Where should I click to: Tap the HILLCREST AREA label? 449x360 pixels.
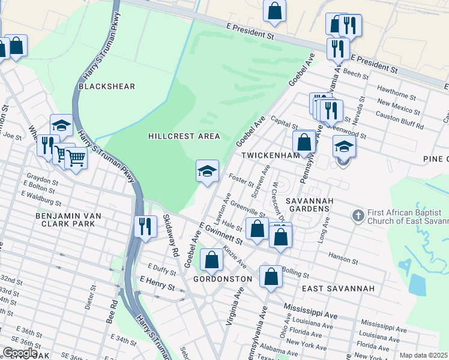(x=184, y=136)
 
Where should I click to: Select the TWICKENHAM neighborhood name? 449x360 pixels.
(x=270, y=155)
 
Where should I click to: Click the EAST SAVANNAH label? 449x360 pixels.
(x=338, y=289)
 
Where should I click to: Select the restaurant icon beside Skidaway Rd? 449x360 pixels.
(x=145, y=226)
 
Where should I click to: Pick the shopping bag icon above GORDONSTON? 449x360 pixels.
(x=212, y=259)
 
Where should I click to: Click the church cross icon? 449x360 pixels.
(x=358, y=215)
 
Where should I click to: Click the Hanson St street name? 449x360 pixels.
(x=343, y=259)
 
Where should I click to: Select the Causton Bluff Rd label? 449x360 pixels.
(x=400, y=120)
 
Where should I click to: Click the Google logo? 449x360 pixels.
(x=20, y=353)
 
